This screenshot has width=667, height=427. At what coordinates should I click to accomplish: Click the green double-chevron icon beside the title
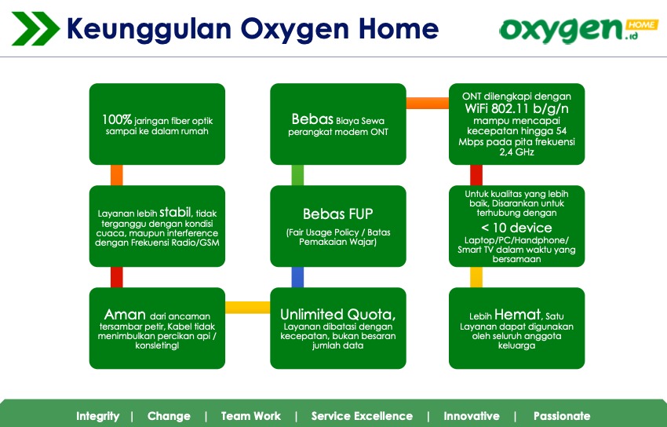35,29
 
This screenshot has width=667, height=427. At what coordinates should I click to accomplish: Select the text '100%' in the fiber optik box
117,120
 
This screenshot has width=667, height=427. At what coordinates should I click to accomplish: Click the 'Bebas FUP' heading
337,213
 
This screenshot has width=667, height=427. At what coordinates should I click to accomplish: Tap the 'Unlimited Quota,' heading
338,313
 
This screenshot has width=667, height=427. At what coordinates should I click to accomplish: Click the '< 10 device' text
516,228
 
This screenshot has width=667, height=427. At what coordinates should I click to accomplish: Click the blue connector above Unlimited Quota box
297,277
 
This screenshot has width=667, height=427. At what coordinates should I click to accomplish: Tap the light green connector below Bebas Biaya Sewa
297,175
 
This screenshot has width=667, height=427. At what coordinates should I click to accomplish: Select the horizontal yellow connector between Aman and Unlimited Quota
248,307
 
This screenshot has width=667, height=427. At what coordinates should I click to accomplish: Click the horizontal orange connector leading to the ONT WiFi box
427,102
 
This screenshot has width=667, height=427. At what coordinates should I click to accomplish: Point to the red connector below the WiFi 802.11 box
476,175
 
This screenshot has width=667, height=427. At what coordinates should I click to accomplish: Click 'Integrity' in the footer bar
98,416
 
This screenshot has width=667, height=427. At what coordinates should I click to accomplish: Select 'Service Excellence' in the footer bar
362,416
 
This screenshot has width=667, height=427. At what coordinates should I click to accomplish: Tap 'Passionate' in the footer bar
562,416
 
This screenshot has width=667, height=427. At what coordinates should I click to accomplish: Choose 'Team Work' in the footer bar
251,416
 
